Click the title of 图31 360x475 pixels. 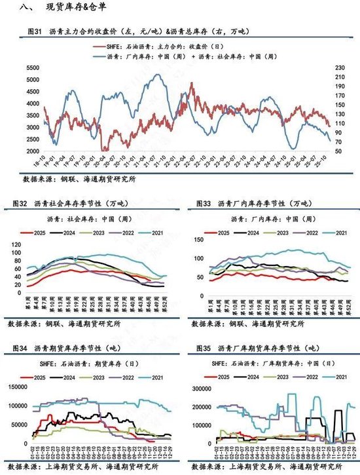click(x=137, y=31)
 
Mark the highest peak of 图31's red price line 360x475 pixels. click(x=191, y=84)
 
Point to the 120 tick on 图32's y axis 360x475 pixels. click(x=16, y=244)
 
